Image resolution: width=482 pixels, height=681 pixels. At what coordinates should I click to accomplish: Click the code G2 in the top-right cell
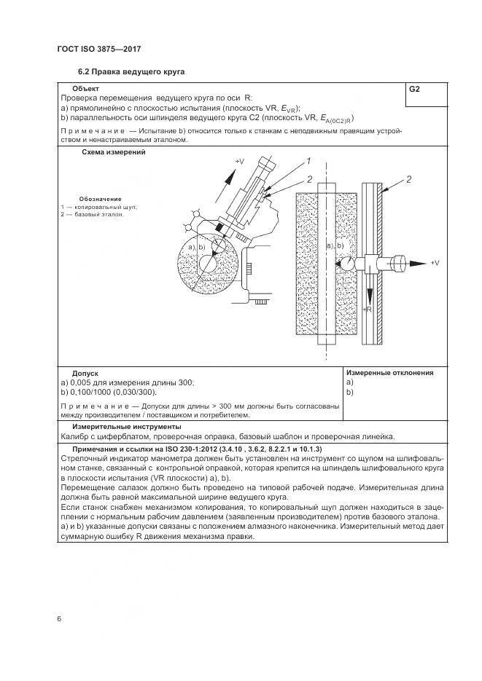(x=414, y=89)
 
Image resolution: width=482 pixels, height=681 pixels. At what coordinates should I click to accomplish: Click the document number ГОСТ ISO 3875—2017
(x=98, y=49)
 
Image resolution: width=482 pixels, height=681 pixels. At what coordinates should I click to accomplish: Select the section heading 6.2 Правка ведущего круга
(x=132, y=72)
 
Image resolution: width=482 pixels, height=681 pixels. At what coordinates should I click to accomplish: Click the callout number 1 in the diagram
(x=308, y=161)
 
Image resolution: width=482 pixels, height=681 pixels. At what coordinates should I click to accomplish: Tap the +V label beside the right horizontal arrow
(x=435, y=262)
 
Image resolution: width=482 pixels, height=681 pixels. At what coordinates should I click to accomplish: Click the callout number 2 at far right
(x=409, y=179)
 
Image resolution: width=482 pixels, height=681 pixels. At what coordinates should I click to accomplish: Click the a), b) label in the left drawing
(x=197, y=248)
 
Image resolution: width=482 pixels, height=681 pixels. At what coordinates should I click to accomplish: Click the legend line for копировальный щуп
(x=98, y=207)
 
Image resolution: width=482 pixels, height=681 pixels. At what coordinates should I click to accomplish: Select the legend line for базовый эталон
(x=93, y=215)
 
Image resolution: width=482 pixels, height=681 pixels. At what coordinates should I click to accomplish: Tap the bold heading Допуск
(x=85, y=373)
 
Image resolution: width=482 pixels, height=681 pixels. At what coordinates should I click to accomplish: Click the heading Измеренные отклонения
(x=389, y=373)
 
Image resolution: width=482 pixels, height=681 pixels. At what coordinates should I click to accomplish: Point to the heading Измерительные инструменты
(x=126, y=427)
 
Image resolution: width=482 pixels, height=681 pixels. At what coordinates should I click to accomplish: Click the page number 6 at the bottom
(x=59, y=618)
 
